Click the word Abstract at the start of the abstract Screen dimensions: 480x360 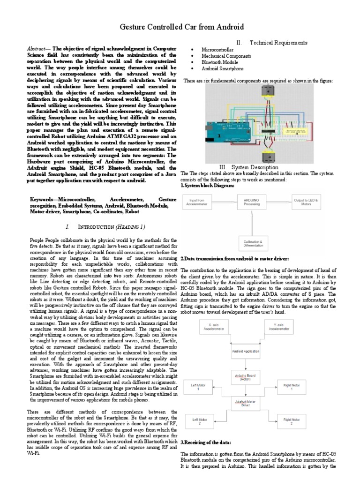pyautogui.click(x=38, y=49)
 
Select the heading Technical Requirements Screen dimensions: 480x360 pyautogui.click(x=278, y=43)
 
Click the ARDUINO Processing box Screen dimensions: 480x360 pyautogui.click(x=255, y=202)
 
